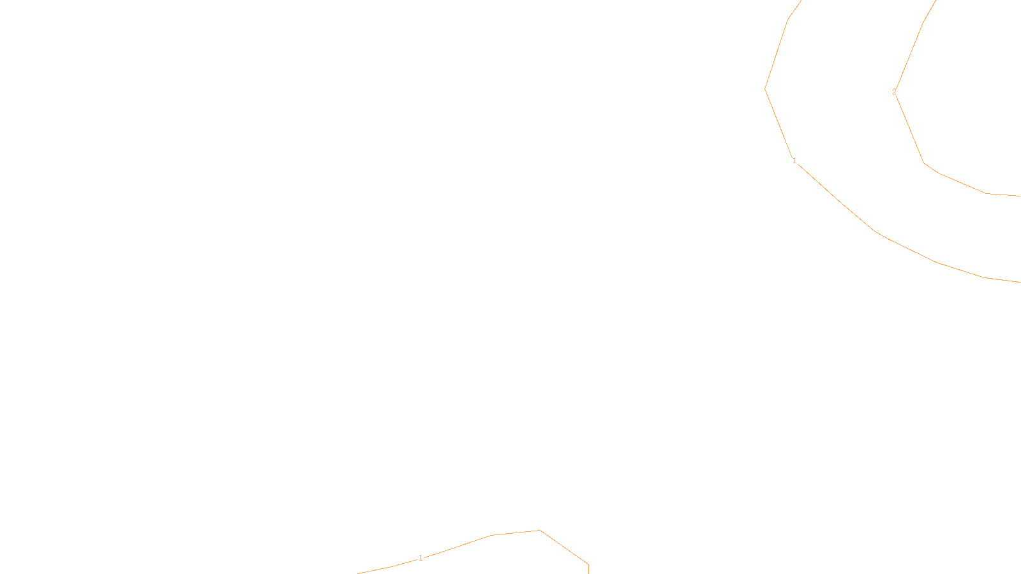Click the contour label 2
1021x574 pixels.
coord(894,92)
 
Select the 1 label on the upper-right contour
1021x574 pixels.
coord(794,161)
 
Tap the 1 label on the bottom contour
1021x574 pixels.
coord(421,558)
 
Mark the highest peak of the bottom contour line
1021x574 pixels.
coord(540,531)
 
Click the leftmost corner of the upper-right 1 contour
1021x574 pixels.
coord(765,89)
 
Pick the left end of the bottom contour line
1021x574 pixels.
coord(359,573)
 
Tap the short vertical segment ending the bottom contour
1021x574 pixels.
coord(588,568)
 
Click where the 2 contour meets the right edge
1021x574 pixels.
coord(1019,196)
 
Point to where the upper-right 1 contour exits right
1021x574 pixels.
coord(1019,281)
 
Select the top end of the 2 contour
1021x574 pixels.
coord(935,1)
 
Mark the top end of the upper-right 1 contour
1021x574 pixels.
coord(800,1)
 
